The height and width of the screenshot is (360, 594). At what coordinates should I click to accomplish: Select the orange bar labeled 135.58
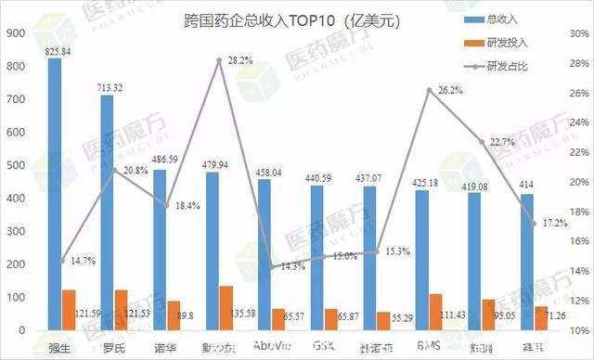click(226, 307)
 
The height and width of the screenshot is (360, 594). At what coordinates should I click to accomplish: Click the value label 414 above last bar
click(527, 185)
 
